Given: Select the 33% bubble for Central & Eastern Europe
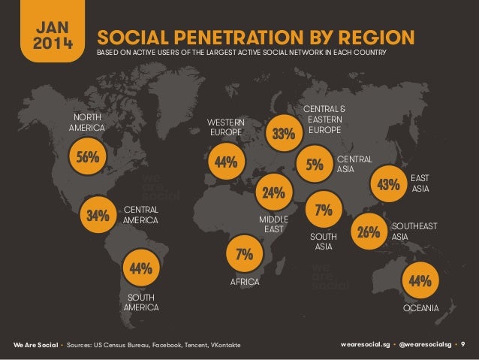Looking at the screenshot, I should pyautogui.click(x=283, y=135).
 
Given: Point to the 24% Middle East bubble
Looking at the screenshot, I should pyautogui.click(x=274, y=192).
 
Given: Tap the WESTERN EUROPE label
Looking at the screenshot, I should pyautogui.click(x=226, y=128).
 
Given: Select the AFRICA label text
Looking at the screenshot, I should pyautogui.click(x=244, y=282).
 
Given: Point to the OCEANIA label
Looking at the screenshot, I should pyautogui.click(x=420, y=308).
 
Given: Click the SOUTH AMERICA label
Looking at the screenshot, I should pyautogui.click(x=141, y=302).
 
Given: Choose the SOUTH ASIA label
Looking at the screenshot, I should pyautogui.click(x=324, y=241).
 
